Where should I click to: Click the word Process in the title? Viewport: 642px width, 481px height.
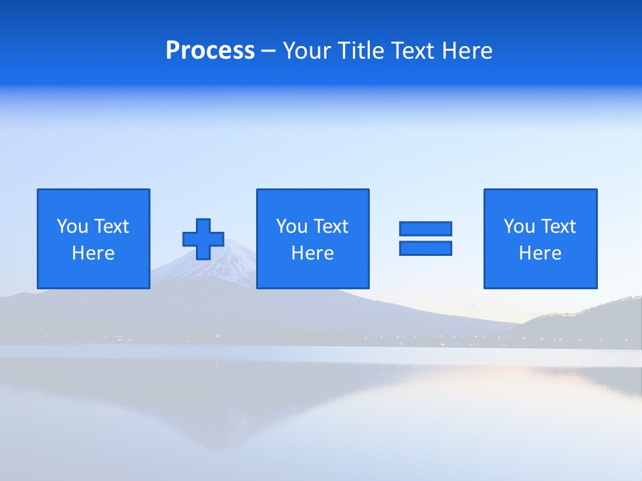click(210, 51)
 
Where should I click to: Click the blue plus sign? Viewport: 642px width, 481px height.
click(203, 239)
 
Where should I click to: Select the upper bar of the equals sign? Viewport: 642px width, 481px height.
click(425, 228)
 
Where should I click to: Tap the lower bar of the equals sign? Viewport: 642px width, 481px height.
click(425, 249)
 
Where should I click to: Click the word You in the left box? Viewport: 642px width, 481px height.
click(72, 226)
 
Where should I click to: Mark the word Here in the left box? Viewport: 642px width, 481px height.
click(93, 253)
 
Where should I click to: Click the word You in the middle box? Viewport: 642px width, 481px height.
click(292, 226)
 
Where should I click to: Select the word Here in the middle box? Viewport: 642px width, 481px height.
click(312, 253)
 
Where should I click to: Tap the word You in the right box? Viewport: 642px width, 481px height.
click(519, 226)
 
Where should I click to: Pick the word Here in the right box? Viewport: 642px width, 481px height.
click(540, 253)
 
